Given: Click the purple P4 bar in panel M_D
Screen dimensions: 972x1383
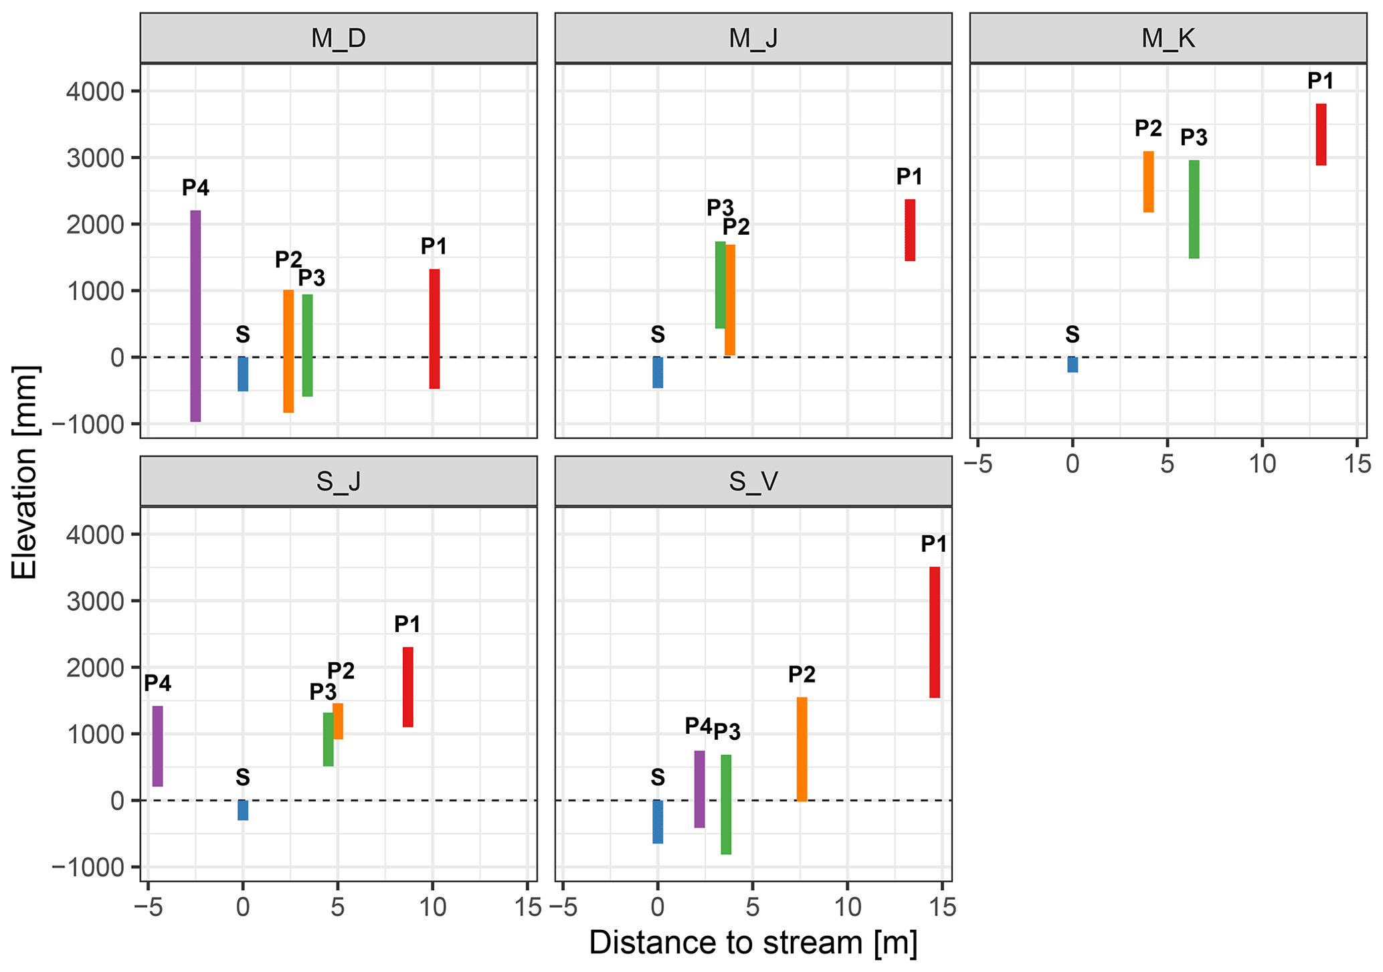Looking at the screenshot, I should click(x=195, y=316).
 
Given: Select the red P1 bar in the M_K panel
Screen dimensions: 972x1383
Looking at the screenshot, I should click(x=1321, y=134).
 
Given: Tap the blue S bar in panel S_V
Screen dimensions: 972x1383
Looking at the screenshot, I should click(x=658, y=821).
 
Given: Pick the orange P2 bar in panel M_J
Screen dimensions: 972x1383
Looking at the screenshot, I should click(x=730, y=300).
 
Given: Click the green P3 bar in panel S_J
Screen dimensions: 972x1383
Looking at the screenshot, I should click(x=328, y=739).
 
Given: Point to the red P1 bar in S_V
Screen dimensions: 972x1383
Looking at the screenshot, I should click(x=935, y=632).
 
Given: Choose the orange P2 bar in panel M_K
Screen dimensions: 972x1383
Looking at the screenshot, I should click(x=1148, y=182).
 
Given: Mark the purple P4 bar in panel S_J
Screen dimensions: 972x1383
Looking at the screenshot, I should click(x=158, y=746).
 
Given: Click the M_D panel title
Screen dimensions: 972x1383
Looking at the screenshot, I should click(x=339, y=39).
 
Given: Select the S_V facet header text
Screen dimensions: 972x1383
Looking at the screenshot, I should click(x=753, y=482).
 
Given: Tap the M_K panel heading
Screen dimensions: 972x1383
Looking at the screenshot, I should click(x=1168, y=39).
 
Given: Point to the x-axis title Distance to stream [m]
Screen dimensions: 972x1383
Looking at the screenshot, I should click(x=753, y=943).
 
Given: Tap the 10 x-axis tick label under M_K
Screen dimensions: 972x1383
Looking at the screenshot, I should click(x=1261, y=464).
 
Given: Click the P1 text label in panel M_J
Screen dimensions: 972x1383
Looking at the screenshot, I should click(x=909, y=177).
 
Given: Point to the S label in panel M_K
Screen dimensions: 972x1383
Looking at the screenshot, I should click(x=1073, y=334).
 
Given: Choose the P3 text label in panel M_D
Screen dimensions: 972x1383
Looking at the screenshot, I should click(x=312, y=277).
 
